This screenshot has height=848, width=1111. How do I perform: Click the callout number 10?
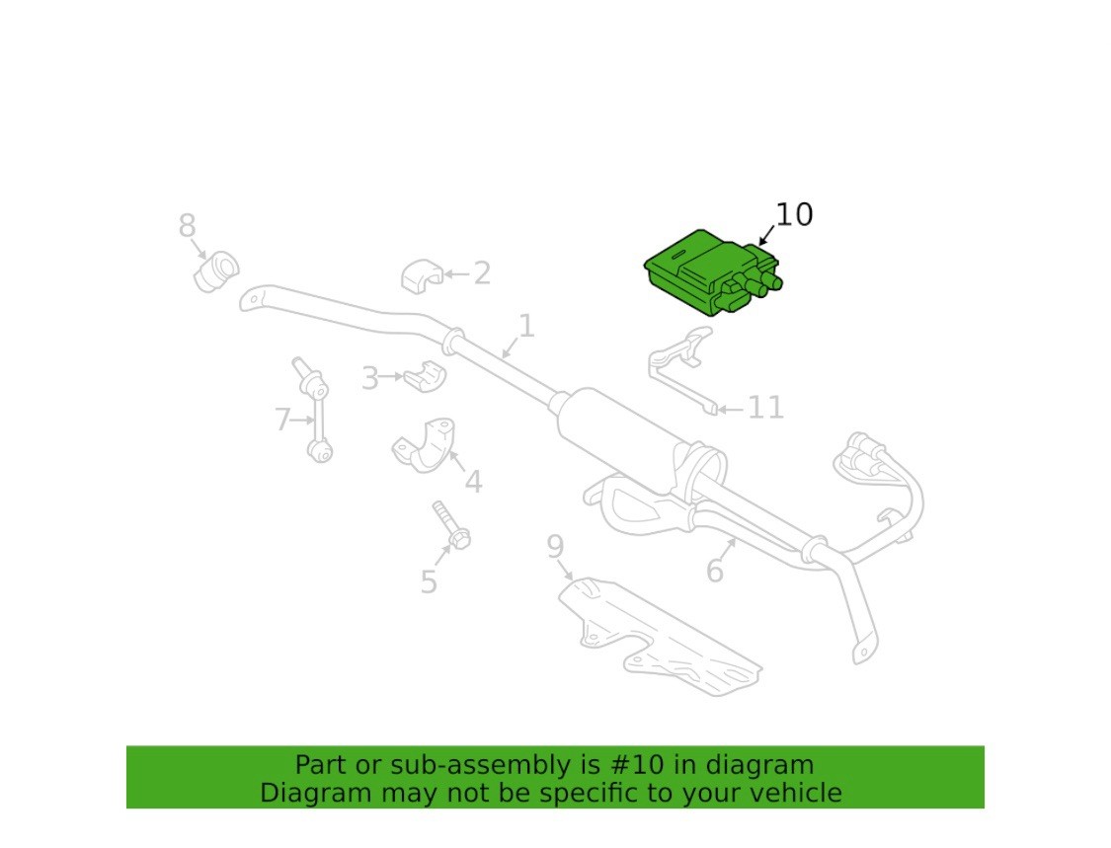(794, 214)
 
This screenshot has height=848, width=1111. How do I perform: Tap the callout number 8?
(187, 226)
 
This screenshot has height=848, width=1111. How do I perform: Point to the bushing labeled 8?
(216, 270)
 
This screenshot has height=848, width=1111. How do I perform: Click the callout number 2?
(482, 273)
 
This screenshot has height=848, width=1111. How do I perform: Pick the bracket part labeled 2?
(423, 276)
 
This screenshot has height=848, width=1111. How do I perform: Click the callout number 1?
(526, 326)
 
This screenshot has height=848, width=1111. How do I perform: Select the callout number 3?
(370, 378)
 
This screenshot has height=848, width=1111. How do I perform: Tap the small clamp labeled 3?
(425, 376)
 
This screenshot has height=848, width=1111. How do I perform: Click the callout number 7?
(282, 420)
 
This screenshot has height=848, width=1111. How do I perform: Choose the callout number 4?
(473, 482)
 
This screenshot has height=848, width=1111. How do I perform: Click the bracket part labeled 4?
(425, 445)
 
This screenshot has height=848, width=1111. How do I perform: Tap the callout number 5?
(429, 582)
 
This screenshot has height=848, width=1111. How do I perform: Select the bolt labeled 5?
(451, 525)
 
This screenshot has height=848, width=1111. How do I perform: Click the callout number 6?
(715, 571)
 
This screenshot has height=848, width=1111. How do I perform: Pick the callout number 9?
(555, 547)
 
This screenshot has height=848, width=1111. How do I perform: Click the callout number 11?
(766, 408)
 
